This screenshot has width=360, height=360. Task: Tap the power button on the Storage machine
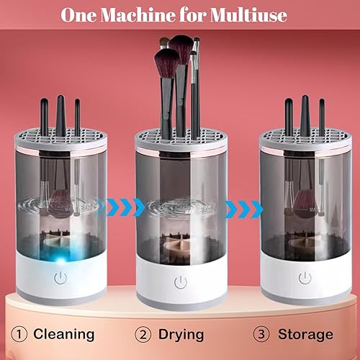[x=305, y=277]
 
